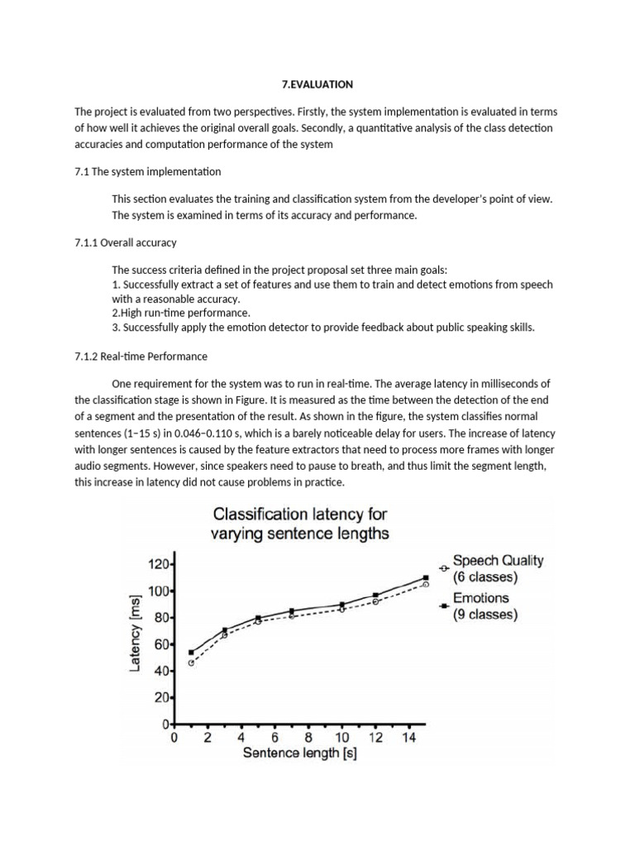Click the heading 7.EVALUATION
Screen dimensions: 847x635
318,84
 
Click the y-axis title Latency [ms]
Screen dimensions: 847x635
136,637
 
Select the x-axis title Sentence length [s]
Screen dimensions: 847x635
299,754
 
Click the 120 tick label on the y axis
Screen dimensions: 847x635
157,564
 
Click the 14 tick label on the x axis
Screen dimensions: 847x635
408,738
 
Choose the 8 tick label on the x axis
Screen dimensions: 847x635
308,738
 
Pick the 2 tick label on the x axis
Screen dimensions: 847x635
208,738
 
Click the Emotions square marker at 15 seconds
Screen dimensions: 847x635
425,578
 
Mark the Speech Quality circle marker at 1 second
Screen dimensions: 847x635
191,663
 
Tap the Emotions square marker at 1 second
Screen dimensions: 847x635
191,652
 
